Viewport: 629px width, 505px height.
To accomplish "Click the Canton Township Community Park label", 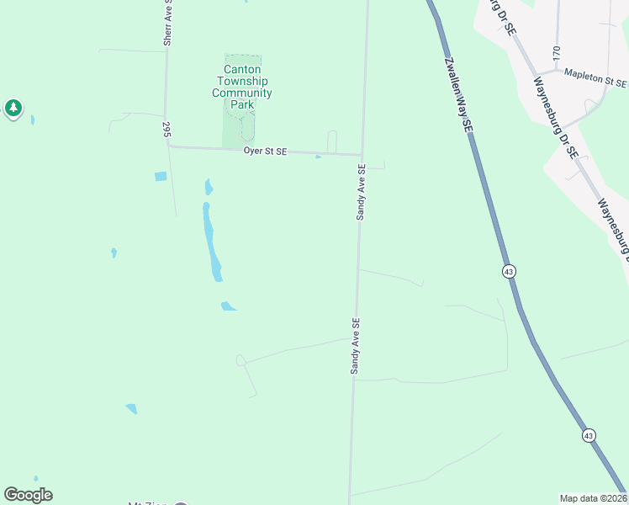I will coord(242,88).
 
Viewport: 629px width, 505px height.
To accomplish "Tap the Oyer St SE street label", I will coord(265,151).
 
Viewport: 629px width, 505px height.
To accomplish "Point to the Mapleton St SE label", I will coord(595,77).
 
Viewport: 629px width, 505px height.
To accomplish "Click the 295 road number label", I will coord(166,129).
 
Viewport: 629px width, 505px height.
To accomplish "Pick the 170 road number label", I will coord(556,52).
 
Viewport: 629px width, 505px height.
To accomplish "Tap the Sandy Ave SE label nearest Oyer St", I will coord(361,192).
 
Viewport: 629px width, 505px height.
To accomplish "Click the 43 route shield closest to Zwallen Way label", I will coord(509,271).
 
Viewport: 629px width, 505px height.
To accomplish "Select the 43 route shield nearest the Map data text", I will coord(589,435).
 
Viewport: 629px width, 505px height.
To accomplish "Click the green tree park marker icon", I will coord(13,108).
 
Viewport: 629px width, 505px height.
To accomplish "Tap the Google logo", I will coord(28,495).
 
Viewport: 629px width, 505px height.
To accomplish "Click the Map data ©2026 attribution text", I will coord(593,498).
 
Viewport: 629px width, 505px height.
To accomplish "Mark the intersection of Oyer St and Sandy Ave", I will coord(362,155).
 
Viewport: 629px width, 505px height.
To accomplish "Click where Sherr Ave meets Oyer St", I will coord(167,146).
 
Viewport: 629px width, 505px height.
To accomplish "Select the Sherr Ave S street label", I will coord(167,23).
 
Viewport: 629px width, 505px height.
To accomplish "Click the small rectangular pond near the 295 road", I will coord(161,177).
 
